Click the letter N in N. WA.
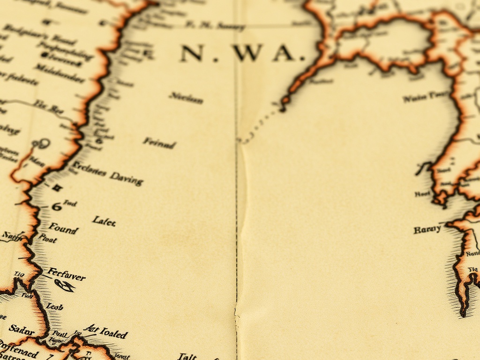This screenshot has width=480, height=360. (x=191, y=53)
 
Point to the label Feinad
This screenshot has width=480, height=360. (x=159, y=142)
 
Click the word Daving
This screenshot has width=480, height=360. (x=126, y=178)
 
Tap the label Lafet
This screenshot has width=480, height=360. (x=104, y=220)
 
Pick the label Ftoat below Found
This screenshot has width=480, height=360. (x=47, y=239)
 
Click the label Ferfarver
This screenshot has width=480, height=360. (x=67, y=275)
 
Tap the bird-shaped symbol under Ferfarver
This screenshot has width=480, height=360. (x=64, y=285)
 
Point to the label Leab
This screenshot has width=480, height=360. (x=54, y=307)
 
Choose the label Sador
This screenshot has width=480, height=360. (x=22, y=330)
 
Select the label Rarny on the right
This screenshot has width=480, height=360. (x=427, y=229)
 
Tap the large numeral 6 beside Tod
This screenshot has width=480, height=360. (x=56, y=206)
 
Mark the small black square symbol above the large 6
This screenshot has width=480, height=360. (x=57, y=188)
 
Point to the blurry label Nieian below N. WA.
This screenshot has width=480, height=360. (x=186, y=98)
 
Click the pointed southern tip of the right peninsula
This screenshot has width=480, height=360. (x=463, y=312)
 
